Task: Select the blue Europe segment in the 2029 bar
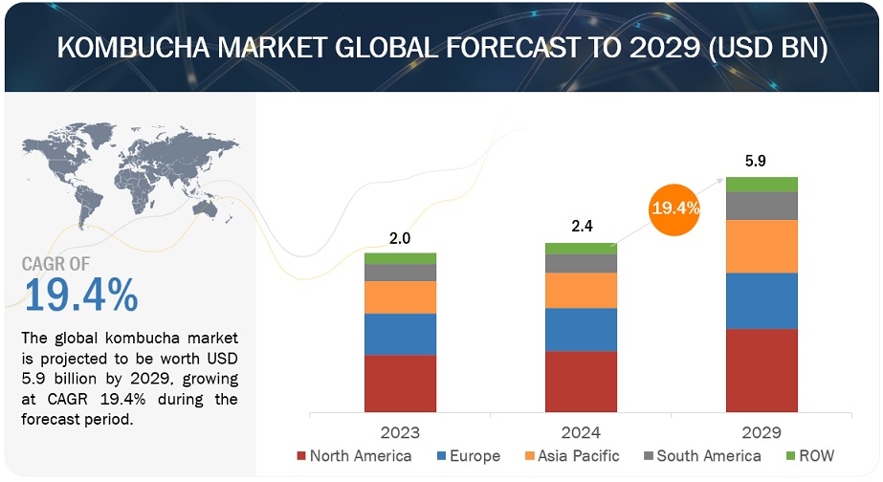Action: click(762, 301)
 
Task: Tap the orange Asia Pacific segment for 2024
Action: click(581, 290)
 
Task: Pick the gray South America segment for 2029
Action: click(762, 206)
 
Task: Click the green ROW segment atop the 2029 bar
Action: click(762, 184)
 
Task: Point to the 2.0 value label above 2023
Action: click(400, 239)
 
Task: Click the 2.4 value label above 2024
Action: click(581, 229)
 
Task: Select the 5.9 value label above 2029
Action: click(762, 162)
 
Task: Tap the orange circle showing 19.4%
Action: click(674, 207)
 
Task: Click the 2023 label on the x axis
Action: click(400, 432)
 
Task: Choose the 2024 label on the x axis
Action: click(581, 432)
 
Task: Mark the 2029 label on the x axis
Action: click(762, 432)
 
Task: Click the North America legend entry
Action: click(354, 456)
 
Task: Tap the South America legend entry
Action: click(700, 456)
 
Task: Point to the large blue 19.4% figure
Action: click(80, 296)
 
